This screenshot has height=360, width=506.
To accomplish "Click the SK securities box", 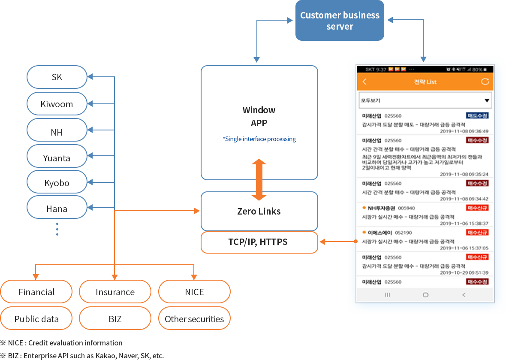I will pos(57,77).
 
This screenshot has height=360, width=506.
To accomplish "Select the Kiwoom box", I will pos(57,104).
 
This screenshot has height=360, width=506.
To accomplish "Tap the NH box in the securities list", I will pos(57,132).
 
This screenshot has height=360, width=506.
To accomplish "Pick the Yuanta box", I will pos(57,158).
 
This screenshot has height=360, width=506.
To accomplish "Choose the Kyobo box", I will pos(57,183).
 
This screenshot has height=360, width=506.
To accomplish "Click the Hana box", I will pos(57,209).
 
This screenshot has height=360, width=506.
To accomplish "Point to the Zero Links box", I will pos(259,211).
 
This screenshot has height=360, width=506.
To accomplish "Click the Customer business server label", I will pos(340,21).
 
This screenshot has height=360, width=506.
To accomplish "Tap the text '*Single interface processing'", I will pos(259,139).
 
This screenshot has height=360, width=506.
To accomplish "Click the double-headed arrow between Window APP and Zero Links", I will pos(259,180).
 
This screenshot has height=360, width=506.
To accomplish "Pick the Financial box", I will pos(36,292).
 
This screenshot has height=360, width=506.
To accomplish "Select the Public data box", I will pos(36,319).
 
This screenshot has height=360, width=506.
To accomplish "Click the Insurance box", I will pos(115,292).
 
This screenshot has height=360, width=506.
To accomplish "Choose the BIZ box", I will pos(115,319).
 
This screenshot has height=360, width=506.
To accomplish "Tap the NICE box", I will pos(194,292).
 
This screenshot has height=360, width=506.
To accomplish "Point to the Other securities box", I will pos(194,319).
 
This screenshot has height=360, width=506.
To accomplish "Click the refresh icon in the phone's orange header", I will pos(485,82).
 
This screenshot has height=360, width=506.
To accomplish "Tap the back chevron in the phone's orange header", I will pos(365,82).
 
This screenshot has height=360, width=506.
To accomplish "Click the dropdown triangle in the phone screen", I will pos(487,101).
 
